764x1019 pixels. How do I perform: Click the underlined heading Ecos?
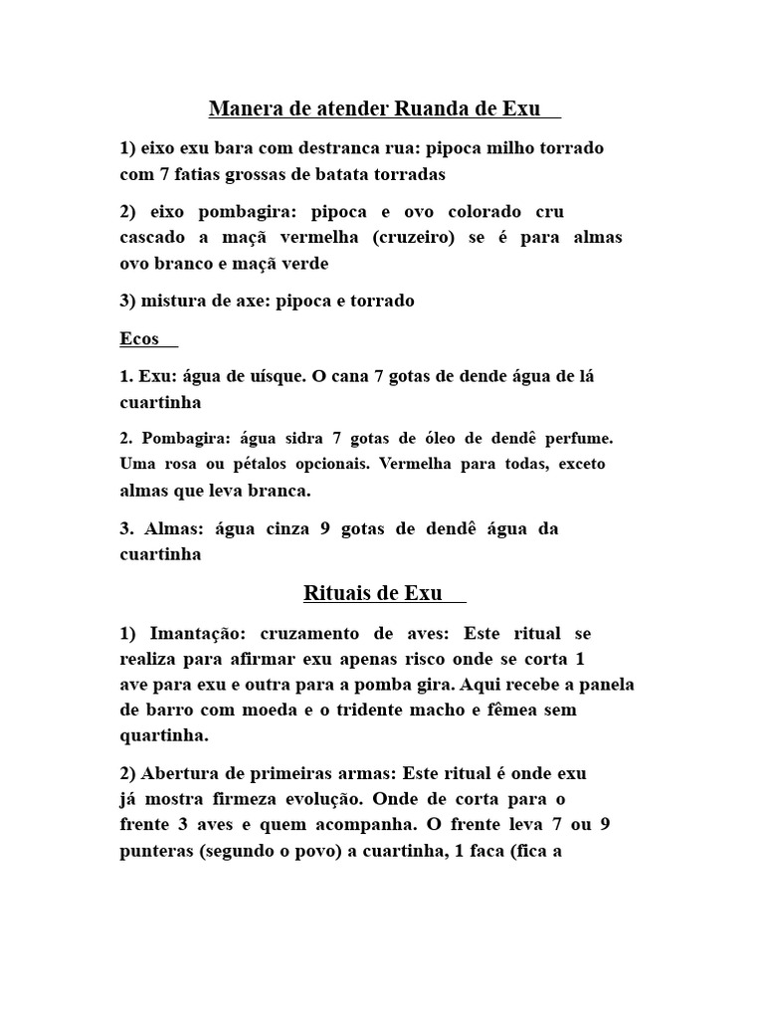coord(139,338)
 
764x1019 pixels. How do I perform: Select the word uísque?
coord(275,377)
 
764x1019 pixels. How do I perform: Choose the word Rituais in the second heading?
coord(336,594)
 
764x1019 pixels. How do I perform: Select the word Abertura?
coord(175,773)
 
